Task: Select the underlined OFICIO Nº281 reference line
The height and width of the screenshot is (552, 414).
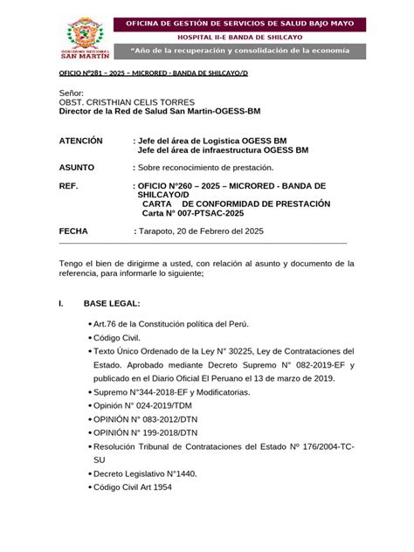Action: [x=153, y=74]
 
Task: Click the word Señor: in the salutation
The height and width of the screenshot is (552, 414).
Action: [x=71, y=93]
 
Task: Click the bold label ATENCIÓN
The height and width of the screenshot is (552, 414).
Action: [x=80, y=140]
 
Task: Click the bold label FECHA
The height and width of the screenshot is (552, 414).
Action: [x=73, y=231]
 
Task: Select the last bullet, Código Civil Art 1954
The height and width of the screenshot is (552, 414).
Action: [x=135, y=487]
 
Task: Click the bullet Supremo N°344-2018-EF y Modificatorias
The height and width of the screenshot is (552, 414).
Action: [x=173, y=392]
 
